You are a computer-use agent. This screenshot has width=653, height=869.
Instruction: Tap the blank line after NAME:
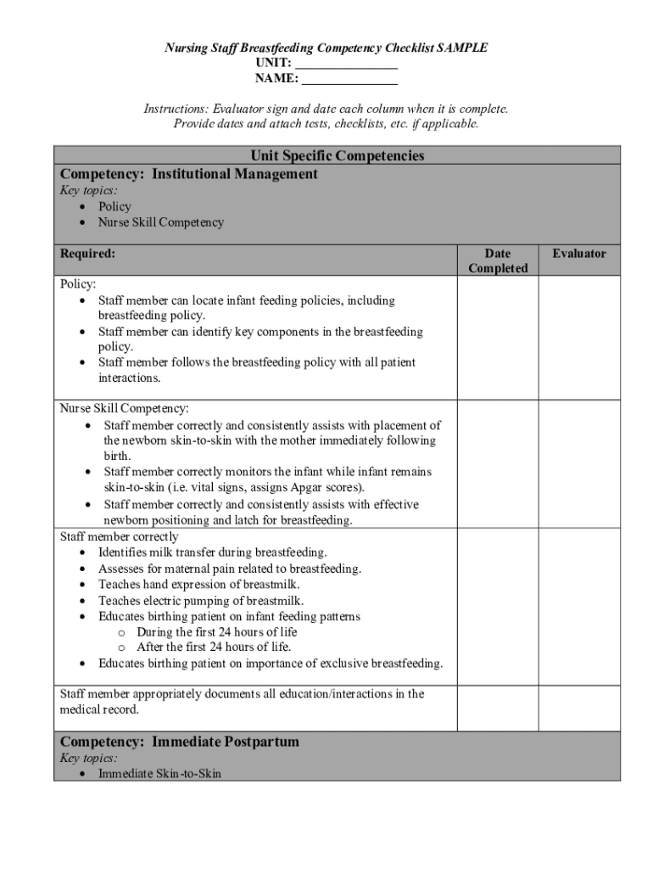click(x=349, y=81)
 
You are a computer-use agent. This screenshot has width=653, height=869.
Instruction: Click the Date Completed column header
click(x=498, y=261)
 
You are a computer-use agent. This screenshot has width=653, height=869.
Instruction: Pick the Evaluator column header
click(x=579, y=254)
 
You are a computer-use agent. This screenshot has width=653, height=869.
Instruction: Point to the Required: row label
click(x=88, y=254)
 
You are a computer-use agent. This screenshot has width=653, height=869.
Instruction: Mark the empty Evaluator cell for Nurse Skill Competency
click(x=579, y=463)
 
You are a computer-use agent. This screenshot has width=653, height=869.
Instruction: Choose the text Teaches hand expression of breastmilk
click(x=199, y=584)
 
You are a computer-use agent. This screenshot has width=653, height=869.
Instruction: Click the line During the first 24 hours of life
click(x=216, y=631)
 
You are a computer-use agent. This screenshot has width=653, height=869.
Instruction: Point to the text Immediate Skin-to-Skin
click(x=159, y=774)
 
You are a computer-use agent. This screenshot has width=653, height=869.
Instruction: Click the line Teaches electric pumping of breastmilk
click(x=201, y=600)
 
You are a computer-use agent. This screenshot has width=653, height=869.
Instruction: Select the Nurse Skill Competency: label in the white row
click(x=124, y=408)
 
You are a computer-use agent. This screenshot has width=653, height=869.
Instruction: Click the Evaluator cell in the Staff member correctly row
click(x=579, y=604)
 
